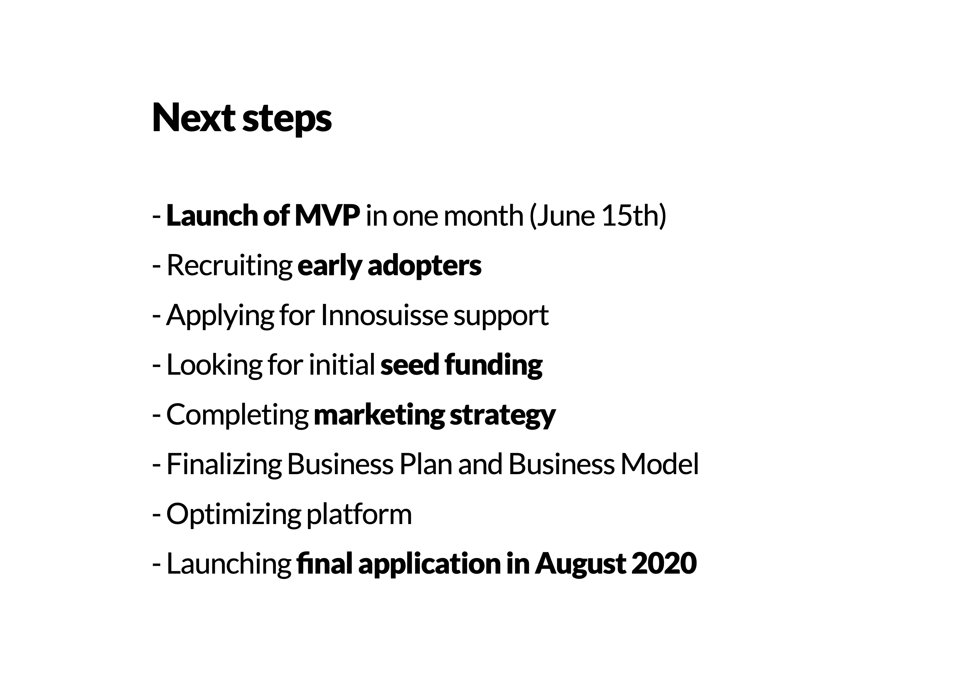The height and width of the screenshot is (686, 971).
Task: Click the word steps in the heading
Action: click(287, 120)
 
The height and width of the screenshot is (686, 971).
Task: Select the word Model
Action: click(660, 464)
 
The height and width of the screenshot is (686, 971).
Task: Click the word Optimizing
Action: click(233, 515)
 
